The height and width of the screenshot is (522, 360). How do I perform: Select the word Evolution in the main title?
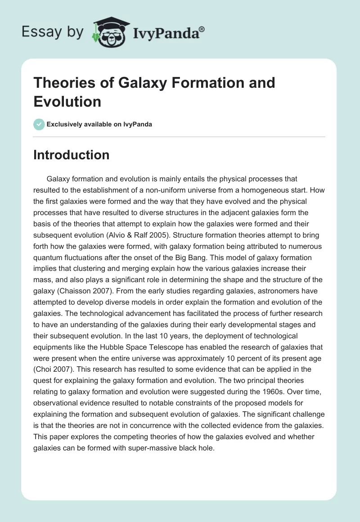tap(67, 101)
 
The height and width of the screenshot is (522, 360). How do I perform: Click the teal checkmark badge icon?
tap(39, 124)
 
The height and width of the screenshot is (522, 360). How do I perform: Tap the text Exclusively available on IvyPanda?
tap(99, 124)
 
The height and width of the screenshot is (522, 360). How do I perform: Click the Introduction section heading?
tap(71, 155)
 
